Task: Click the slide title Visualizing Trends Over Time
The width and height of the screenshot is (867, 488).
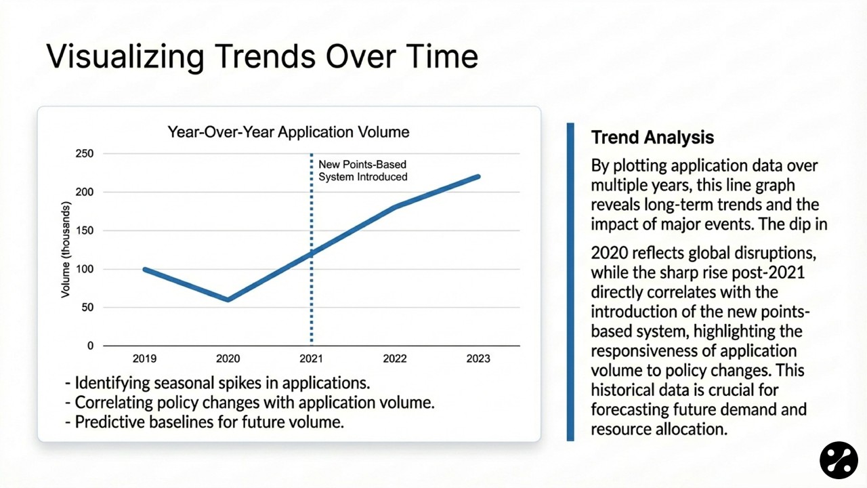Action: point(262,57)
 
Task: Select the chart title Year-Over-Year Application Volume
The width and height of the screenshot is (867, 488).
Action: point(289,131)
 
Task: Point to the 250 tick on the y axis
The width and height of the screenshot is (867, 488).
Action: point(85,154)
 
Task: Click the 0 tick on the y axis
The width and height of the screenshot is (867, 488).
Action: point(90,346)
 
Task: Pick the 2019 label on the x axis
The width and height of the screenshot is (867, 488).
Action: point(144,359)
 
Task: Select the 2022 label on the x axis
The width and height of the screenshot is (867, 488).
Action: point(395,359)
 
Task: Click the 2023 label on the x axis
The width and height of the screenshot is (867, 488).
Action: point(478,359)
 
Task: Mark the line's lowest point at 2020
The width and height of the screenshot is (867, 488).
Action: point(228,300)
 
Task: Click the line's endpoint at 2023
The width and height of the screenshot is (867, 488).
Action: point(478,177)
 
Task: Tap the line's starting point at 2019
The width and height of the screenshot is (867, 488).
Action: point(145,269)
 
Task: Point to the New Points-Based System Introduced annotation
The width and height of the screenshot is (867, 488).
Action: point(363,171)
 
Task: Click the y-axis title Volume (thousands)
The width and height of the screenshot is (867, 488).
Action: point(66,249)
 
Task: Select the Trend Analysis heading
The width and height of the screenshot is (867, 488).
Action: point(652,138)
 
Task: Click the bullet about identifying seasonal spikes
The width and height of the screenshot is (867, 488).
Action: point(217,383)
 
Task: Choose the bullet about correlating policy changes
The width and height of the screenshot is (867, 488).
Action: point(249,402)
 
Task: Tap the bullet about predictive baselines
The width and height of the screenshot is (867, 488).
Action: point(205,422)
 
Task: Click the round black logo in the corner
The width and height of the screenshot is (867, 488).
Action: point(839,460)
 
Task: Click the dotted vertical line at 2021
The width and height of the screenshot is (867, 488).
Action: point(312,298)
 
